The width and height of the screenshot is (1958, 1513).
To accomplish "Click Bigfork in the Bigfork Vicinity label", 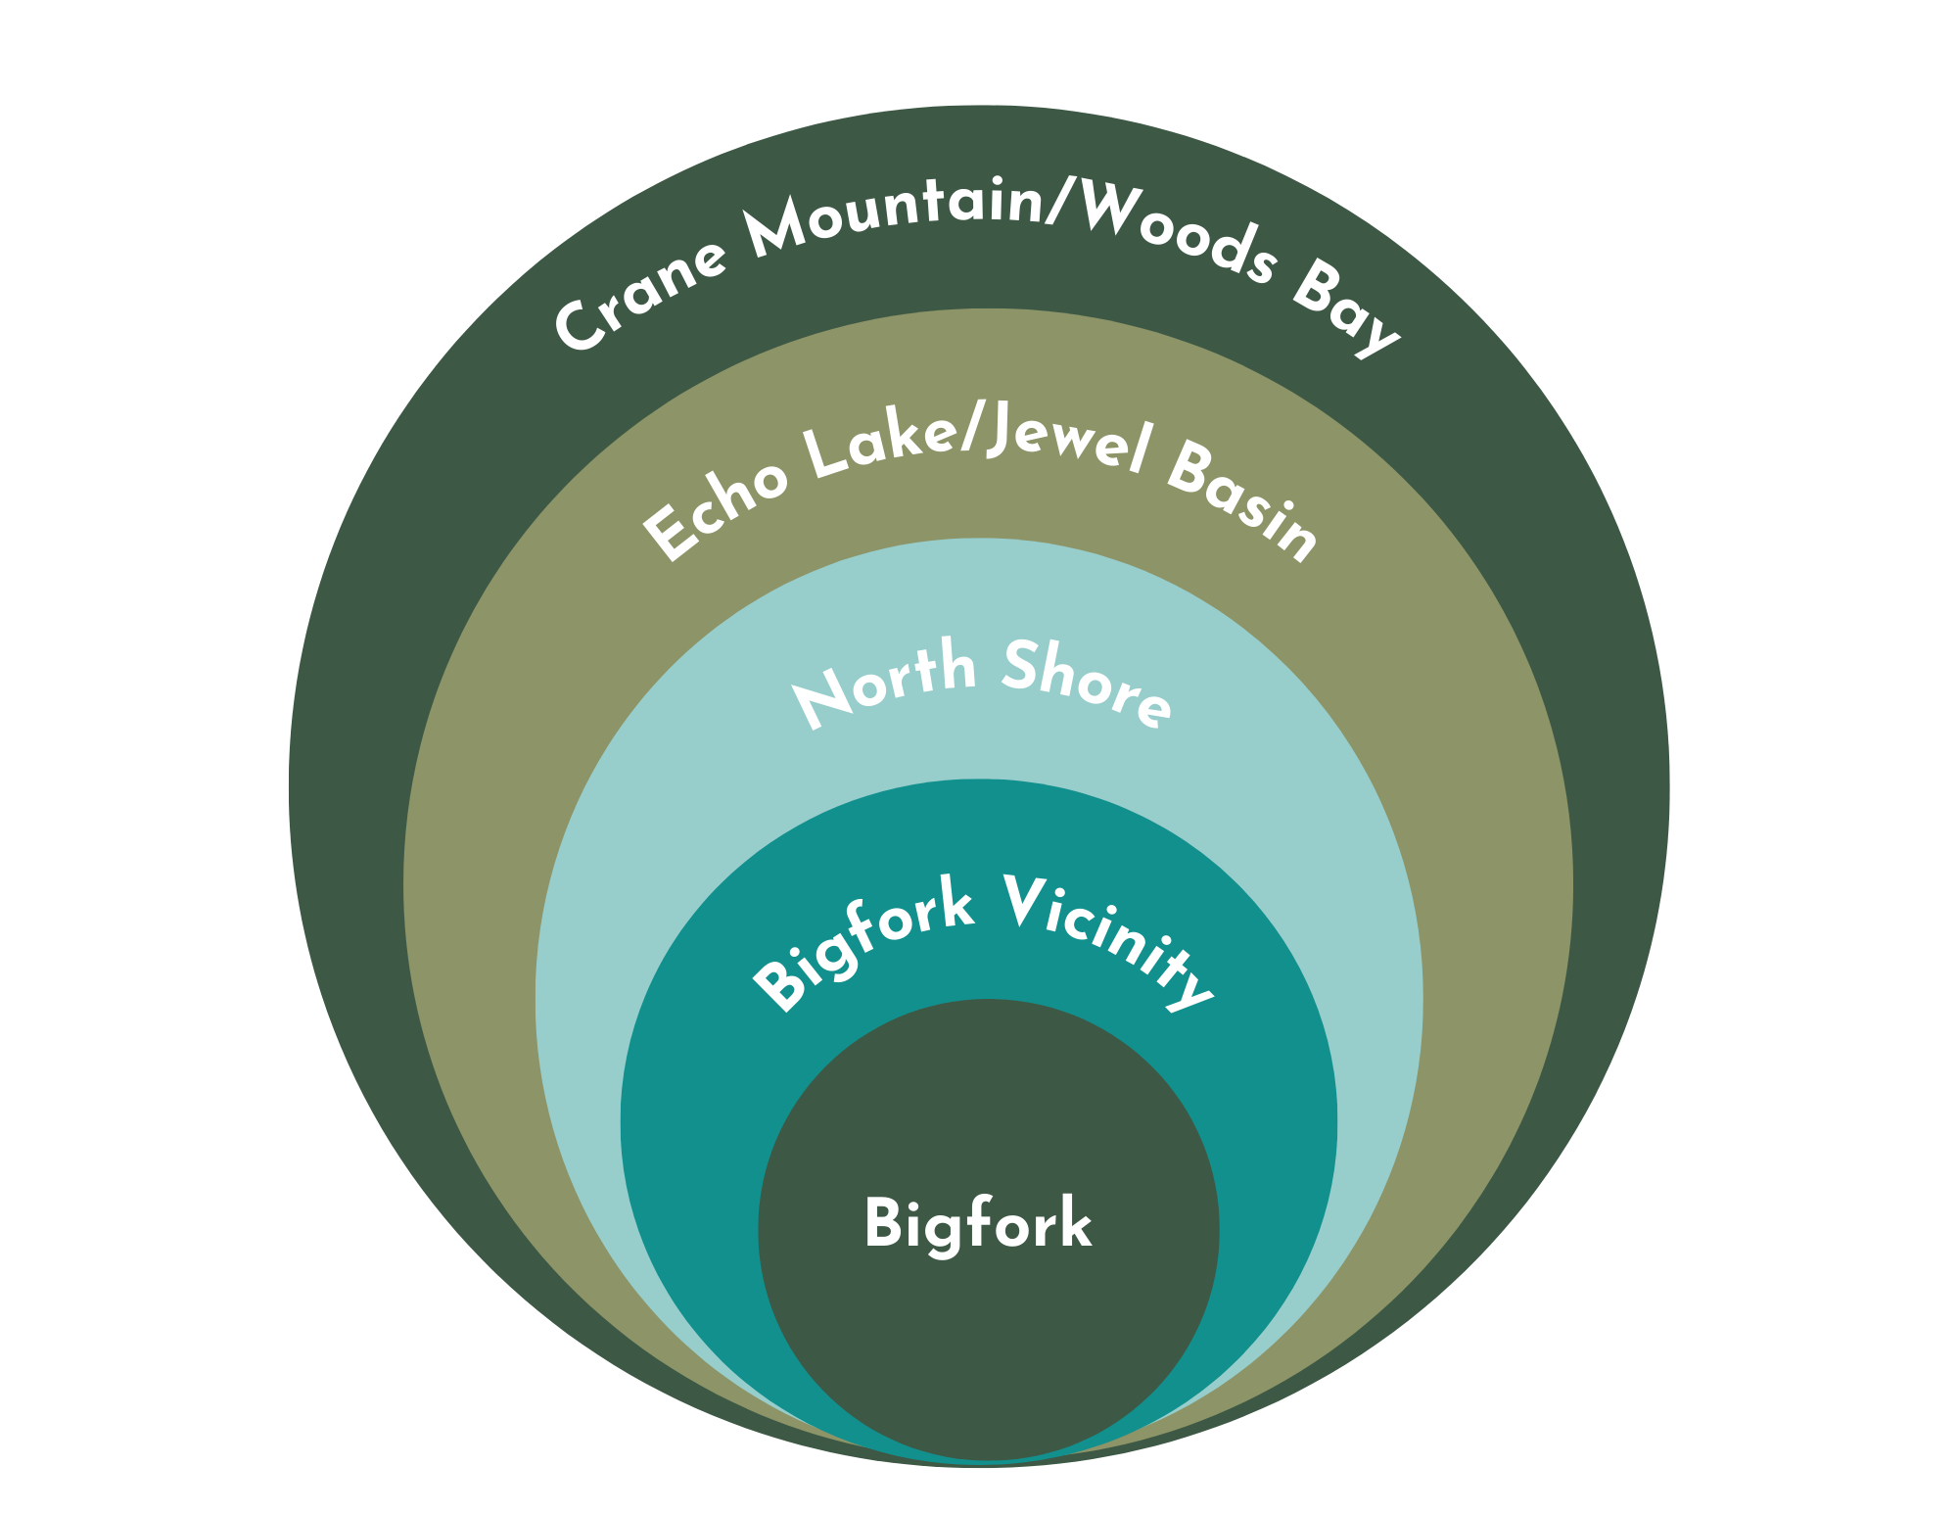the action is click(x=862, y=946).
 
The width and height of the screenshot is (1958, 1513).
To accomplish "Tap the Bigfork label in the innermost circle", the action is click(x=977, y=1224).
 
